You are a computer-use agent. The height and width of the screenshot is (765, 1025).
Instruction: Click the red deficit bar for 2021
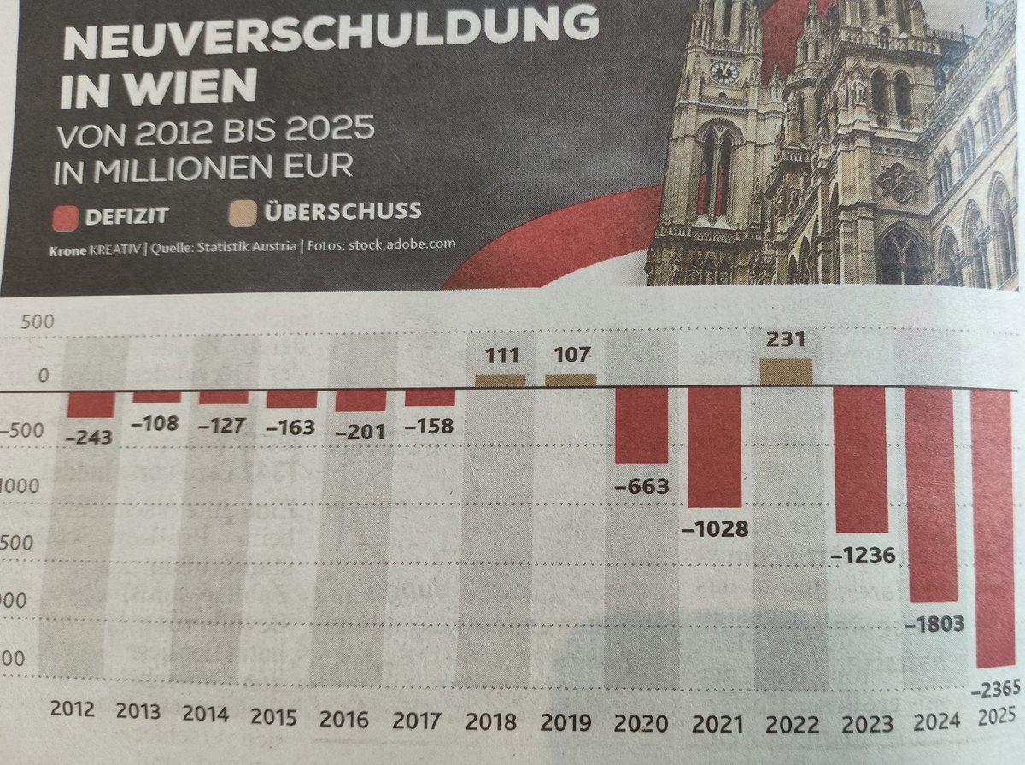click(x=714, y=447)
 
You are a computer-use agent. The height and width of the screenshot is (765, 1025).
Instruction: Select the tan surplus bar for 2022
click(x=785, y=373)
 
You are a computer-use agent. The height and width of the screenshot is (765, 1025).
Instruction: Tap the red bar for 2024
click(x=931, y=494)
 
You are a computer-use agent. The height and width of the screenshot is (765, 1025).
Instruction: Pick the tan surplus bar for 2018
click(x=500, y=381)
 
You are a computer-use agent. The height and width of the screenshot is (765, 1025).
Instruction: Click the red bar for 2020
click(x=641, y=425)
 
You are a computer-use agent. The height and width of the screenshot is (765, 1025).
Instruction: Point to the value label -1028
click(x=716, y=529)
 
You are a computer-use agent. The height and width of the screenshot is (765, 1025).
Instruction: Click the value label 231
click(x=784, y=339)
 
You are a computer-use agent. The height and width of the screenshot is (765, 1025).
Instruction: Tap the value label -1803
click(x=934, y=624)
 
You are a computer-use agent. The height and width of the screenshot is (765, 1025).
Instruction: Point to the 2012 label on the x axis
click(x=73, y=709)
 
